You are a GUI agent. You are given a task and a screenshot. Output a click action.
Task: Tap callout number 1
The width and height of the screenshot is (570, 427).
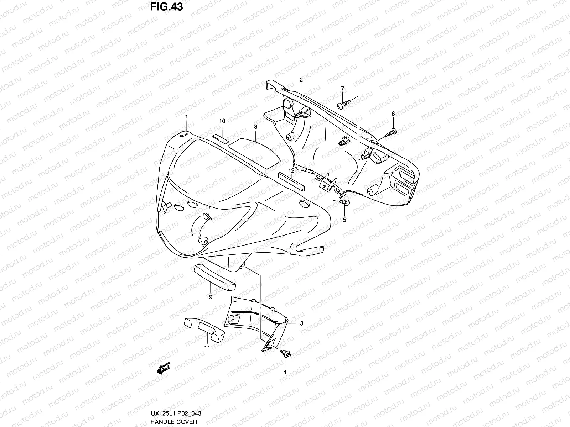click(x=186, y=117)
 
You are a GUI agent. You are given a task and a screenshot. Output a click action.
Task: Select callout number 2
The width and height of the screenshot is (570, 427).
click(x=301, y=80)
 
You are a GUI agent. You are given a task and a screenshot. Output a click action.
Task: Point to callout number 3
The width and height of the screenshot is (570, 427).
click(x=301, y=323)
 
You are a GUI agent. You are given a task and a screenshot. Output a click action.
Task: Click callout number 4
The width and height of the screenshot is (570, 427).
click(x=285, y=372)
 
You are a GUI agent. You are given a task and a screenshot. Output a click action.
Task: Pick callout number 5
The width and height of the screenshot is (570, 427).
click(x=344, y=220)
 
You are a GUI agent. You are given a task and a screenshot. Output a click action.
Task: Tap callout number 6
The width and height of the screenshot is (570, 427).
click(x=393, y=114)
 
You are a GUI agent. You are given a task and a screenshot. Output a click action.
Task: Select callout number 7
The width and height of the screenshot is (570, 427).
click(x=342, y=88)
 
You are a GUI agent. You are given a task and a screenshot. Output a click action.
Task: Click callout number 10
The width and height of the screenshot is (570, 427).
click(x=222, y=121)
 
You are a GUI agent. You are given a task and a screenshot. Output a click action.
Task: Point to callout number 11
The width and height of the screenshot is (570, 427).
click(x=207, y=348)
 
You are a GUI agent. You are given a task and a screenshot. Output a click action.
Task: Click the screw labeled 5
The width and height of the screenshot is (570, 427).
click(x=345, y=202)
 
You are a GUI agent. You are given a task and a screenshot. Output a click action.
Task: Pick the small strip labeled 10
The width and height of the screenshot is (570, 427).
click(x=221, y=138)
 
